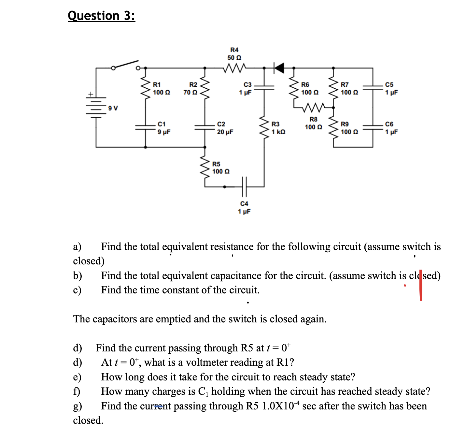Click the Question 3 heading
coord(101,16)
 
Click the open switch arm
coord(125,65)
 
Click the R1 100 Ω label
coord(161,89)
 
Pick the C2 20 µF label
coord(225,128)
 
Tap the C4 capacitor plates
coord(245,187)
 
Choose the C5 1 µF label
coord(391,89)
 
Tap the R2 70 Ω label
coord(190,89)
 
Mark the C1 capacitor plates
coord(145,127)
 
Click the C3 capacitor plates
coord(264,87)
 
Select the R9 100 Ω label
coord(349,128)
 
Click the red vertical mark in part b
coord(421,284)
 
